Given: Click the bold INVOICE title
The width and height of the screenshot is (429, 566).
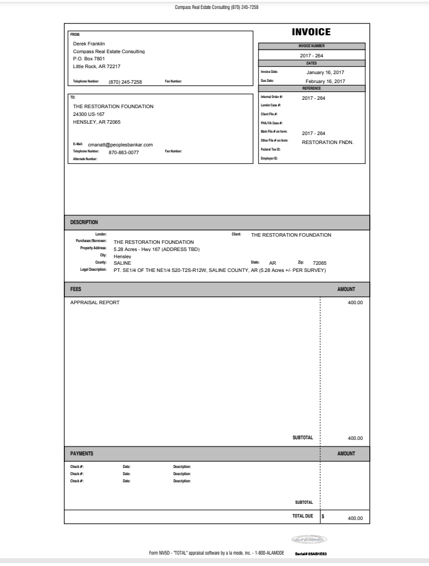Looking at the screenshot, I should pyautogui.click(x=310, y=32).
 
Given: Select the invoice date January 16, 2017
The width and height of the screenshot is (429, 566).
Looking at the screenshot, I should pyautogui.click(x=322, y=72).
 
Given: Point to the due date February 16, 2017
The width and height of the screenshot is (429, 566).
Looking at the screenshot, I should pyautogui.click(x=325, y=81).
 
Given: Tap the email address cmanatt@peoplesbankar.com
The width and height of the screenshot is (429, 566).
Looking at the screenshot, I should pyautogui.click(x=121, y=144).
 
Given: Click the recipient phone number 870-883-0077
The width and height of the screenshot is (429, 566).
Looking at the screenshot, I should pyautogui.click(x=124, y=152).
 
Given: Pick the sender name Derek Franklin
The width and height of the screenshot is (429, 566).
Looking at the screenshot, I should pyautogui.click(x=89, y=44).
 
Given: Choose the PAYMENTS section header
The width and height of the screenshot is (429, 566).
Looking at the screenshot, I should pyautogui.click(x=82, y=454).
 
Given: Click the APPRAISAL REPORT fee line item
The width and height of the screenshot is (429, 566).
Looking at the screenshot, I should pyautogui.click(x=95, y=302).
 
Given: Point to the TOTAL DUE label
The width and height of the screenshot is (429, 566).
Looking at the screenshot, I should pyautogui.click(x=302, y=515).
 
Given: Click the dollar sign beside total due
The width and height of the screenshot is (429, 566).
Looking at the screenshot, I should pyautogui.click(x=323, y=516).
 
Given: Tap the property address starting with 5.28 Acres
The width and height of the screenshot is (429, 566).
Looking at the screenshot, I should pyautogui.click(x=156, y=249).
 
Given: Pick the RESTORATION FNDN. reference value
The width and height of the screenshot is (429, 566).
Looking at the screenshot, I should pyautogui.click(x=328, y=142).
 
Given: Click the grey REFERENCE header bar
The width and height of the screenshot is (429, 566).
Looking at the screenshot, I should pyautogui.click(x=311, y=88).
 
